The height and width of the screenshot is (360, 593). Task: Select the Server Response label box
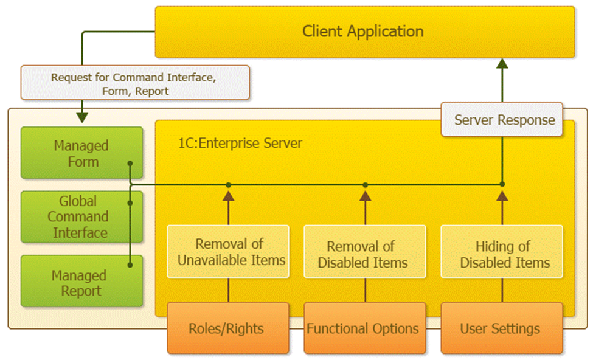[504, 120]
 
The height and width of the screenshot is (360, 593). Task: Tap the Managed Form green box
[81, 153]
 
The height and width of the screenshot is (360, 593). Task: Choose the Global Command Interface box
[81, 216]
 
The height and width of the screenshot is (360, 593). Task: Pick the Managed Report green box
[81, 283]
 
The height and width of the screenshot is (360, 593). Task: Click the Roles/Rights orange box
[228, 329]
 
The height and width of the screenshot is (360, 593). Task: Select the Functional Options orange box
[364, 329]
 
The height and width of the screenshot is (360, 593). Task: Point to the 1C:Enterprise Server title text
[237, 144]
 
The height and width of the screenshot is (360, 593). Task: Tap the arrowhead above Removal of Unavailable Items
[229, 195]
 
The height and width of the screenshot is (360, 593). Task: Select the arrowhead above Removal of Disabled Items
[365, 195]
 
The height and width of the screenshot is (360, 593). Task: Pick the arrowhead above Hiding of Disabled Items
[502, 195]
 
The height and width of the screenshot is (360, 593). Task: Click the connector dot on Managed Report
[130, 265]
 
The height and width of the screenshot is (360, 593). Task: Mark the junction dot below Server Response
[502, 184]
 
